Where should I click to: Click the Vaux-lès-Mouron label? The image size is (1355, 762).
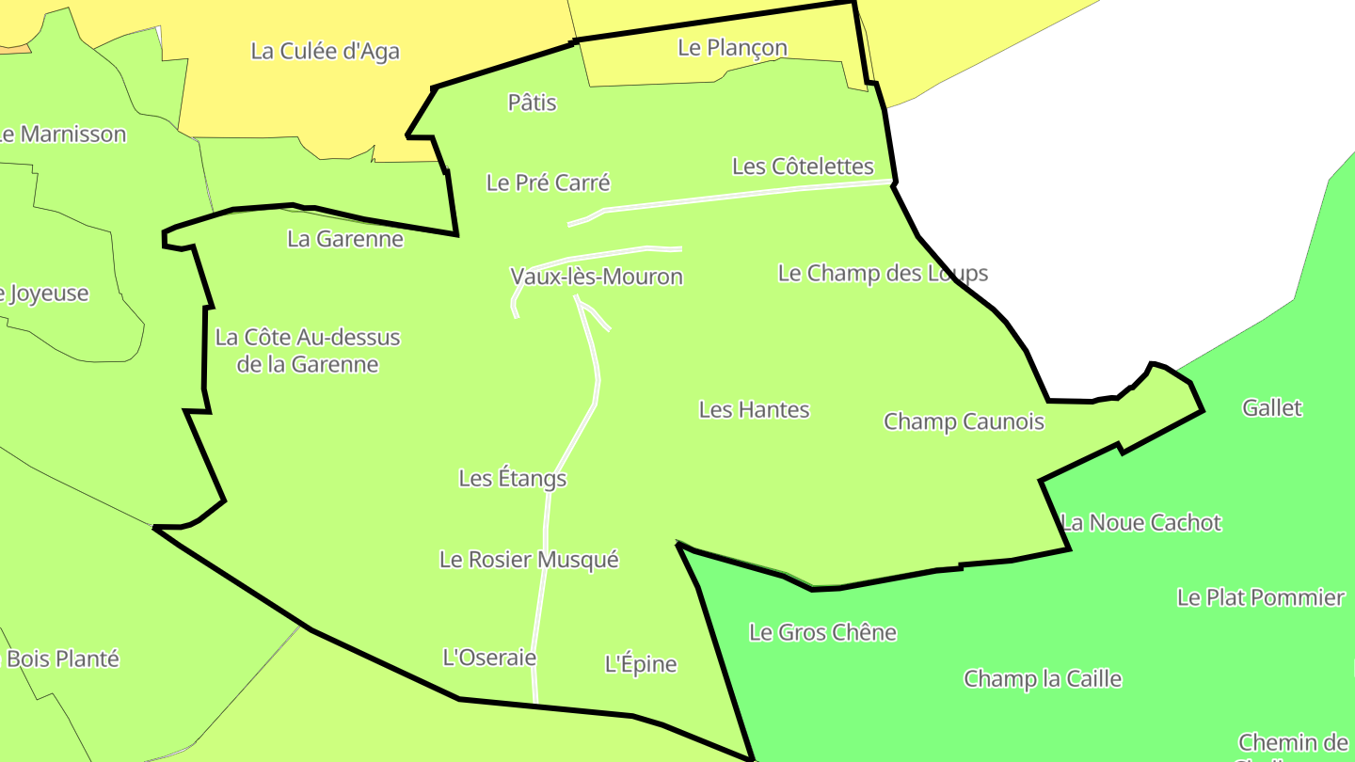(597, 277)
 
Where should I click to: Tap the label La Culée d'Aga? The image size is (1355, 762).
(325, 51)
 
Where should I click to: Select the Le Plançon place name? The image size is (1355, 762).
(732, 47)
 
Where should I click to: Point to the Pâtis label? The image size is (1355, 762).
(532, 103)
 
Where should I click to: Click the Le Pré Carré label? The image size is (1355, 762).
(548, 183)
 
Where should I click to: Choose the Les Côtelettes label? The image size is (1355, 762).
(803, 167)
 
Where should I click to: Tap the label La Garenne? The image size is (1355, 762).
(345, 239)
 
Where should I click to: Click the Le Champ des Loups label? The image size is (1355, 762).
(883, 273)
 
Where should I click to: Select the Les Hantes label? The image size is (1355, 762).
(754, 409)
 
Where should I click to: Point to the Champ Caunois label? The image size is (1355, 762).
(964, 421)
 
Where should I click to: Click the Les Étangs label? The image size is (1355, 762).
(512, 478)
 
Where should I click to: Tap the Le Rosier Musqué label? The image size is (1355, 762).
(529, 560)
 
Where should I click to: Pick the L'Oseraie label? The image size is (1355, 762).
(489, 658)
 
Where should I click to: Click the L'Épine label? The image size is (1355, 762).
(640, 664)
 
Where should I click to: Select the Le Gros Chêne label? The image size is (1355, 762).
(822, 632)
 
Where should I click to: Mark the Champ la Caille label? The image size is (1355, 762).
(1043, 678)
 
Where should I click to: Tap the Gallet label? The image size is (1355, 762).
(1271, 407)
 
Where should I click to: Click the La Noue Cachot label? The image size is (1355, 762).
(1140, 522)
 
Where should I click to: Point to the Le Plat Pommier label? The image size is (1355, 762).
(1261, 597)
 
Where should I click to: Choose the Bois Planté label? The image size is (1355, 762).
(63, 659)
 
